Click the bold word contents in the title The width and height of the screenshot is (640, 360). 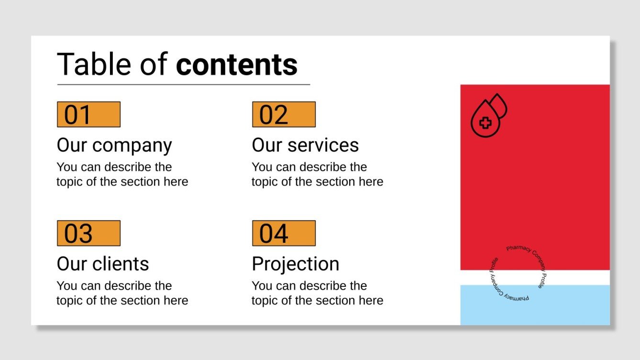click(237, 65)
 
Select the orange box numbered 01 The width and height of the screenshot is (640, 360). click(88, 114)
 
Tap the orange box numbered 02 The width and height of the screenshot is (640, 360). click(284, 114)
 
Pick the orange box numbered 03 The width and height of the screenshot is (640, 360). click(88, 233)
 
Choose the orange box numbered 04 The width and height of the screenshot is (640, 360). click(284, 233)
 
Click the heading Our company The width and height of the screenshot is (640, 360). click(114, 145)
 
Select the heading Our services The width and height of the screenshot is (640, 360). click(305, 145)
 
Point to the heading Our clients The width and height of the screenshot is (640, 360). click(103, 264)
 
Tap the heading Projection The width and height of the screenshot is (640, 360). click(296, 264)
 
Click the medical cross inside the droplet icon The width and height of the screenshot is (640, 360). click(486, 123)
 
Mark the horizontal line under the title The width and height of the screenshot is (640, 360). click(184, 85)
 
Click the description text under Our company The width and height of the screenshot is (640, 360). click(122, 175)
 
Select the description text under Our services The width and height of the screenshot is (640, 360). click(317, 175)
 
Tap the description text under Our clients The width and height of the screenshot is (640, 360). click(122, 293)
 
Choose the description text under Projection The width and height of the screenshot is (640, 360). click(317, 293)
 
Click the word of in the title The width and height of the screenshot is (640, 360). click(154, 65)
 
